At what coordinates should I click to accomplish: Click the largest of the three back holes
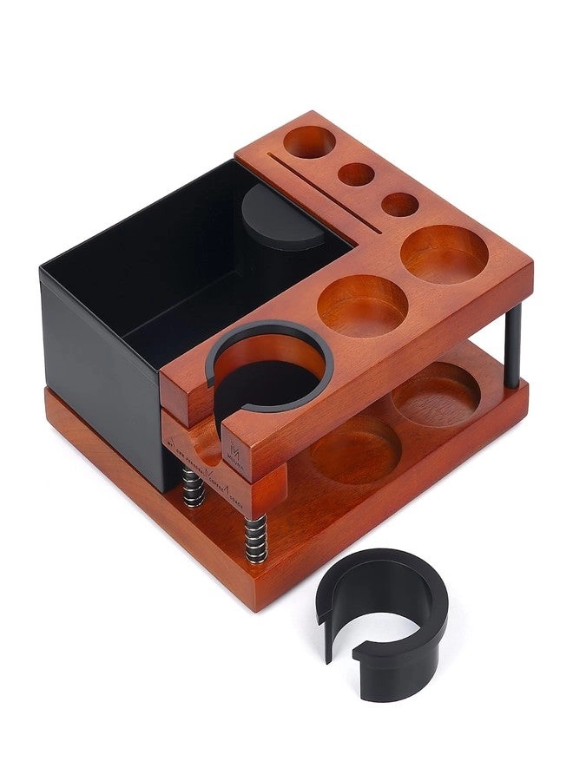[x=306, y=141]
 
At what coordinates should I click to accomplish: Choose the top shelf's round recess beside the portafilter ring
[x=362, y=305]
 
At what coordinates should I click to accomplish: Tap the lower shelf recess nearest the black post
[x=436, y=393]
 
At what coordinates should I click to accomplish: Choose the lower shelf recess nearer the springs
[x=356, y=449]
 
